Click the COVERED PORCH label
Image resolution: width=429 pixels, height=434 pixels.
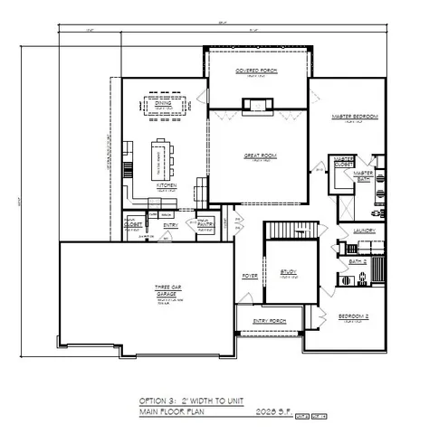pyautogui.click(x=256, y=70)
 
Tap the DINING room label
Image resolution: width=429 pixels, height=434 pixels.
pyautogui.click(x=163, y=104)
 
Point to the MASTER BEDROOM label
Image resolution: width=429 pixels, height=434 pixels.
pyautogui.click(x=355, y=117)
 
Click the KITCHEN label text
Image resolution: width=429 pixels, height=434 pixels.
pyautogui.click(x=167, y=185)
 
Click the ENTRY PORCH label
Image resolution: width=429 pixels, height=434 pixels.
pyautogui.click(x=269, y=320)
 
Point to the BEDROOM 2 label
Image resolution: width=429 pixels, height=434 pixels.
pyautogui.click(x=352, y=316)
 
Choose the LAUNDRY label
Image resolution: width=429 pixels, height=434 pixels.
pyautogui.click(x=365, y=231)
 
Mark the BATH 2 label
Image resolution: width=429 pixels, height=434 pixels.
pyautogui.click(x=357, y=262)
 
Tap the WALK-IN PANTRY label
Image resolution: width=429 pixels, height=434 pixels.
pyautogui.click(x=205, y=222)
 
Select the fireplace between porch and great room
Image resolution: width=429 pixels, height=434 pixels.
pyautogui.click(x=258, y=104)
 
